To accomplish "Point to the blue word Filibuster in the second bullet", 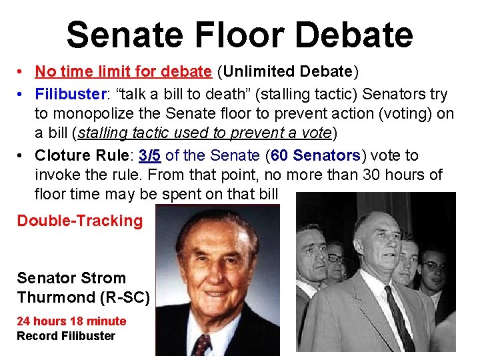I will tap(67, 94).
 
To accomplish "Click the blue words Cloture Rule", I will tap(82, 155).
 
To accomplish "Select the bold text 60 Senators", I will tap(315, 155).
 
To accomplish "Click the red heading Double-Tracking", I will tap(80, 221).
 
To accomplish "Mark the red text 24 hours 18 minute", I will tap(71, 321).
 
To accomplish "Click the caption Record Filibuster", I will tap(66, 336).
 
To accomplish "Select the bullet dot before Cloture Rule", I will tap(22, 156).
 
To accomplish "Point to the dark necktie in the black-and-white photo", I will tap(399, 324).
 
